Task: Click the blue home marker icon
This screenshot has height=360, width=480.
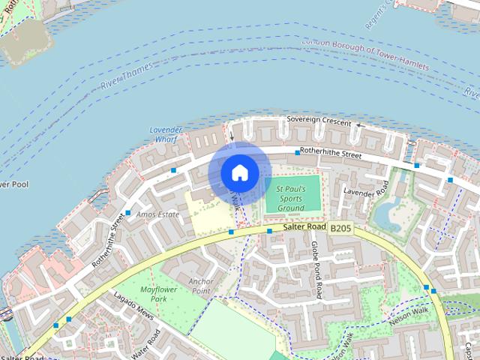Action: pos(239,172)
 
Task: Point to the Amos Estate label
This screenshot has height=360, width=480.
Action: pos(159,214)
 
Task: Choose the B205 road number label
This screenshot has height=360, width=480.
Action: pos(340,228)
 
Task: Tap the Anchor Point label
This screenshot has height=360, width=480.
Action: pos(201,286)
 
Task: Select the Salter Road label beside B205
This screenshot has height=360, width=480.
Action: pos(304,226)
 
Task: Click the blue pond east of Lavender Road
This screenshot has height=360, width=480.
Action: pos(388,214)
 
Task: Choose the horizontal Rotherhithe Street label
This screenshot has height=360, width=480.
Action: pos(331,154)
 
